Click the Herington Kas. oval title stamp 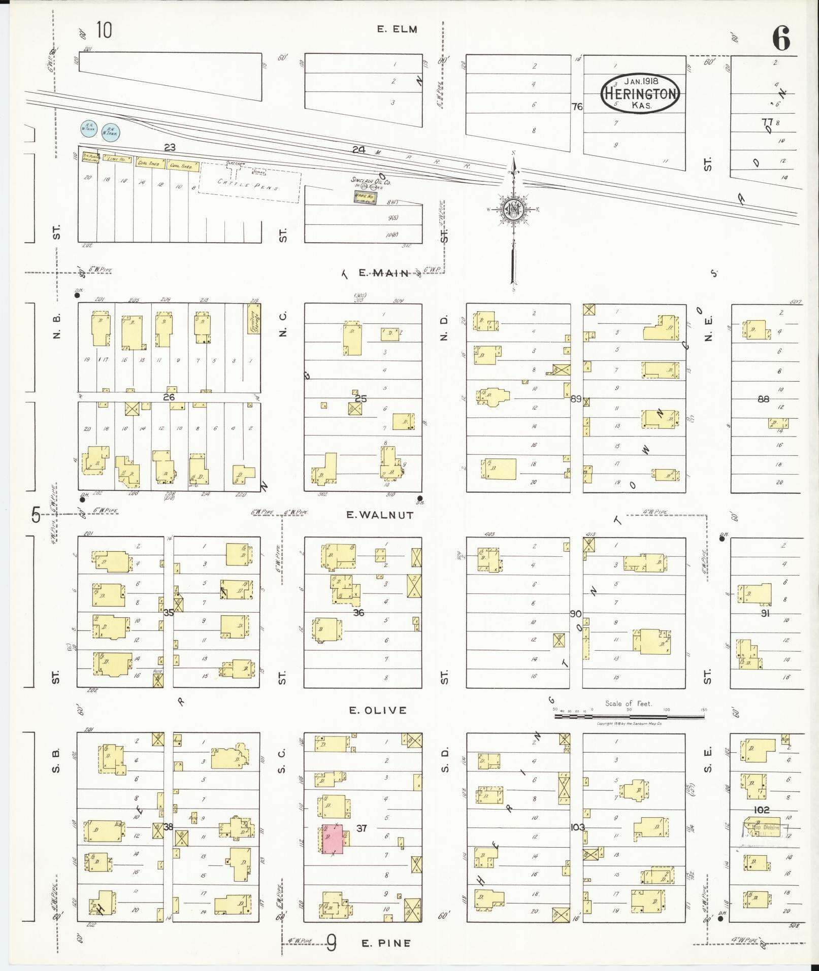pos(640,94)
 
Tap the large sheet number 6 pos(781,39)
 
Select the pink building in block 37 pos(334,839)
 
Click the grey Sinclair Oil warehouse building pos(365,198)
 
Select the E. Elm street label pos(397,29)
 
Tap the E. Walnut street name pos(380,515)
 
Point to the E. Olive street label pos(378,710)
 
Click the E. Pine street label pos(386,943)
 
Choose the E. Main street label pos(383,273)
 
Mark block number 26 pos(169,397)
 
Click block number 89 pos(576,399)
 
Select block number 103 pos(577,827)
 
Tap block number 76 pos(577,107)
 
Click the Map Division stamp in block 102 pos(764,831)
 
